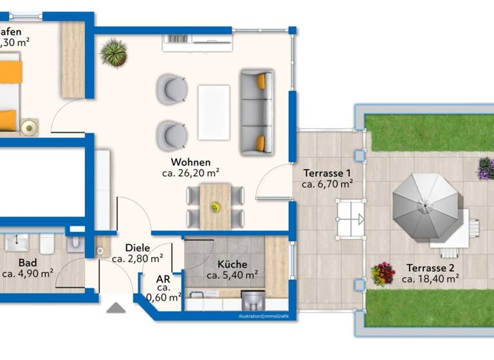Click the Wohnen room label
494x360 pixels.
[x=190, y=162]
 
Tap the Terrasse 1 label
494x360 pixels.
[x=327, y=173]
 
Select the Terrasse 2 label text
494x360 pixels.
[x=430, y=268]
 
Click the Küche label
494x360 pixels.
[x=232, y=264]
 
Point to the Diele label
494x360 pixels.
[x=137, y=248]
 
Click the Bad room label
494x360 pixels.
[x=27, y=263]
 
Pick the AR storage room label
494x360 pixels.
[x=163, y=280]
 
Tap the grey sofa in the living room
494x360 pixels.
[x=257, y=113]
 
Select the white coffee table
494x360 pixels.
[x=214, y=113]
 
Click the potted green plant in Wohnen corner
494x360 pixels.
[x=114, y=53]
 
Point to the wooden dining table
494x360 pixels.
[x=215, y=206]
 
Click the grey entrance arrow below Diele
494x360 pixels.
[x=116, y=308]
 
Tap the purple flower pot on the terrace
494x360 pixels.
[x=484, y=168]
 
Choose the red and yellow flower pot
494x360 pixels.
[x=383, y=274]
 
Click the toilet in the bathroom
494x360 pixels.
[x=46, y=243]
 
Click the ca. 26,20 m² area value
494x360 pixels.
[x=190, y=173]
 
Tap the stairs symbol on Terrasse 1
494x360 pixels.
[x=349, y=219]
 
